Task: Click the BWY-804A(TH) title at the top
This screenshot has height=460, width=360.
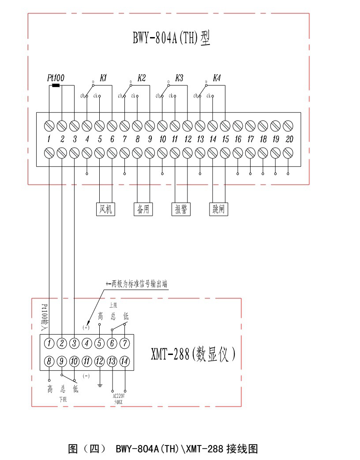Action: (x=171, y=37)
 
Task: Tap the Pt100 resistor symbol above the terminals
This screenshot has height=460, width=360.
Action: (x=56, y=85)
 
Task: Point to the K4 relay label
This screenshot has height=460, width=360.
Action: (x=217, y=78)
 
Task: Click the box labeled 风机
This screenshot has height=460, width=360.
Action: (x=105, y=209)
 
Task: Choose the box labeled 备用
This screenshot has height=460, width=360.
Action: (x=143, y=209)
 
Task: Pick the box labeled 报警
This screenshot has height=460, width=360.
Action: (x=181, y=209)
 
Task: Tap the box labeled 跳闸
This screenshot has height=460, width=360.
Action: (x=219, y=209)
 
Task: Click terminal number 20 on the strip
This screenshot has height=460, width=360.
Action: (x=289, y=140)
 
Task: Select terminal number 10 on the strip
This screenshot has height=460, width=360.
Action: (x=163, y=140)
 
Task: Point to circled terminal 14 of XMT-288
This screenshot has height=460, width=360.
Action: (x=125, y=362)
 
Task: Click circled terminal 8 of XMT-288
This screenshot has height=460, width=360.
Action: (x=49, y=362)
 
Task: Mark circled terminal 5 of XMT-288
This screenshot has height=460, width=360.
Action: (x=100, y=343)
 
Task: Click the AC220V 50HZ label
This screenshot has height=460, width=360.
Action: (x=118, y=399)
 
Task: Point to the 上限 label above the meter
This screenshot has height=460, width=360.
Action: (x=113, y=305)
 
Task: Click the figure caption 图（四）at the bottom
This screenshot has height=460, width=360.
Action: (x=87, y=449)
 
